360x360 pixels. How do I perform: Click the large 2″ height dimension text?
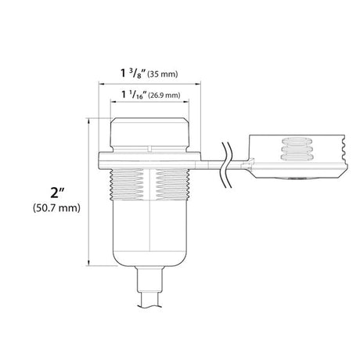tap(54, 193)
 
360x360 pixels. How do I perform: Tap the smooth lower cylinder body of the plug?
tap(150, 231)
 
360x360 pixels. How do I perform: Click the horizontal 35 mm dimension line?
tap(150, 82)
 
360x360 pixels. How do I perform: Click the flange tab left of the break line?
tap(207, 162)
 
